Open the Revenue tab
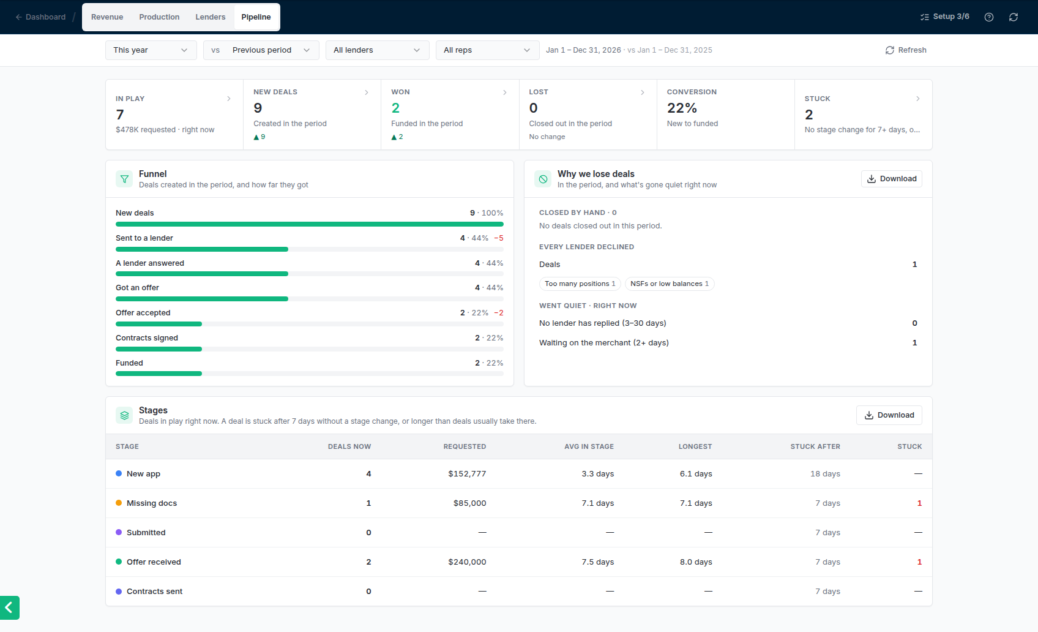coord(107,17)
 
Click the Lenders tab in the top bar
coord(211,17)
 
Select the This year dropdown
coord(151,50)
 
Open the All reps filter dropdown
coord(487,50)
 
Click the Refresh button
coord(905,50)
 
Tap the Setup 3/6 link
coord(944,17)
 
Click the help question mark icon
coord(989,17)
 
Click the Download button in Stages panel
coord(889,415)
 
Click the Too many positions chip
coord(580,284)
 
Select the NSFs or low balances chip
coord(669,284)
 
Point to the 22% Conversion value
coord(682,108)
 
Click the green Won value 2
coord(395,108)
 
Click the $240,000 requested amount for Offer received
coord(467,562)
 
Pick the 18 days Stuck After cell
coord(825,474)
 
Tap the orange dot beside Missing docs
coord(119,503)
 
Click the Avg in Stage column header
coord(589,446)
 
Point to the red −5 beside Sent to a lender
coord(499,238)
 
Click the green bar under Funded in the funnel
coord(159,374)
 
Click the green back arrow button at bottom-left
coord(10,608)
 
